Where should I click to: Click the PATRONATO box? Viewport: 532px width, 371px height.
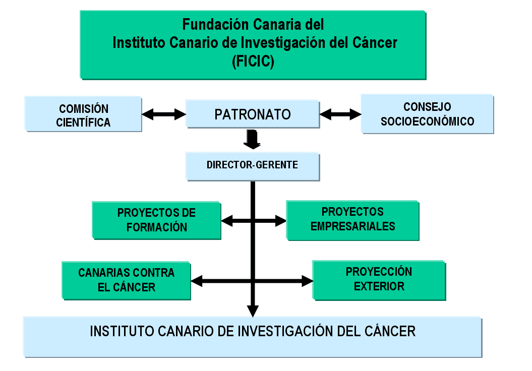[x=252, y=113]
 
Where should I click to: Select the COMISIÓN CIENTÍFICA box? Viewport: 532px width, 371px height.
[x=83, y=114]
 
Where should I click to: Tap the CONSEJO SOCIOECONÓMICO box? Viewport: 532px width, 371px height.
[x=427, y=113]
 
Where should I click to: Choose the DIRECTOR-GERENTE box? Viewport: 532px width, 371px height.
[x=252, y=165]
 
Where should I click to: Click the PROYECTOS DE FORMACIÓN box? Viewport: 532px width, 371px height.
[x=156, y=220]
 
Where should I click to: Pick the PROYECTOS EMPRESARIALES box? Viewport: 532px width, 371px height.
[x=352, y=220]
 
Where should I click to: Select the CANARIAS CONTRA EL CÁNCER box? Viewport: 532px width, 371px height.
[x=126, y=280]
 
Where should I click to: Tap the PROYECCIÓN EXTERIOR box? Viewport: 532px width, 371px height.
[x=379, y=280]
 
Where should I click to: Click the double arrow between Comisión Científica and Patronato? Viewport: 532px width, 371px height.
[x=164, y=114]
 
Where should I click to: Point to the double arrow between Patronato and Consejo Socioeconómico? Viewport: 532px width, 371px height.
[x=340, y=114]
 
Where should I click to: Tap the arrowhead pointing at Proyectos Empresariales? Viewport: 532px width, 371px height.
[x=280, y=220]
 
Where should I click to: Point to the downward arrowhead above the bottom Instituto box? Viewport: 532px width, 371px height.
[x=253, y=311]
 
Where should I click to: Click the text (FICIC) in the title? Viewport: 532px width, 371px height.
[x=253, y=61]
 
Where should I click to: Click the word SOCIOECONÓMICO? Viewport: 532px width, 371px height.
[x=427, y=121]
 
